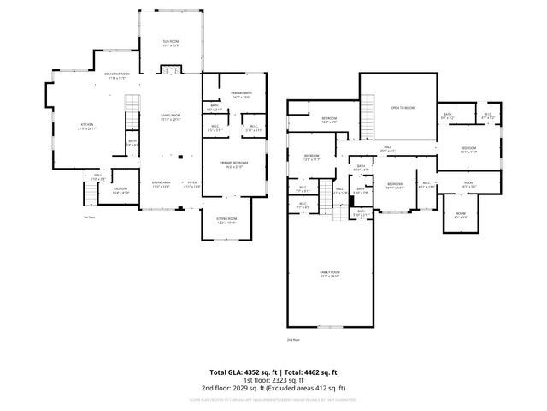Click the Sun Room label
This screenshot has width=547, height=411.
click(170, 42)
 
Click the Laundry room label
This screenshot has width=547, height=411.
click(120, 190)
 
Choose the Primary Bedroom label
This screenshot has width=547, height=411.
click(234, 166)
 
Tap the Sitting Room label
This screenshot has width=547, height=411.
click(226, 220)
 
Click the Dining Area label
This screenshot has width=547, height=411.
click(162, 184)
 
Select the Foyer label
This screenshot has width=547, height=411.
click(191, 184)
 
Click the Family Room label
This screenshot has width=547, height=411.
click(330, 274)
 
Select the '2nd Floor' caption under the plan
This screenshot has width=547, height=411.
click(293, 340)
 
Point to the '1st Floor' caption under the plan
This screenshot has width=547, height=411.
click(88, 217)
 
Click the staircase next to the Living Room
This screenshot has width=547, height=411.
click(131, 111)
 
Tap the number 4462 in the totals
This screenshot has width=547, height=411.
click(315, 372)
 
